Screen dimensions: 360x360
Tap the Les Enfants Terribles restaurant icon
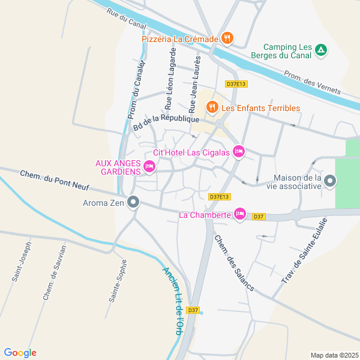[211, 108]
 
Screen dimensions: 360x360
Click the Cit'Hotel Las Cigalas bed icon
[239, 151]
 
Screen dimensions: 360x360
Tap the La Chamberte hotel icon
[240, 214]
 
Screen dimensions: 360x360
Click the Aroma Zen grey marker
[134, 203]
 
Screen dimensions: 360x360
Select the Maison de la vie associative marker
[330, 181]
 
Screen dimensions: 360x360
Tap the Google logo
[20, 353]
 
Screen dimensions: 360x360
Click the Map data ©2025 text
[334, 355]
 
